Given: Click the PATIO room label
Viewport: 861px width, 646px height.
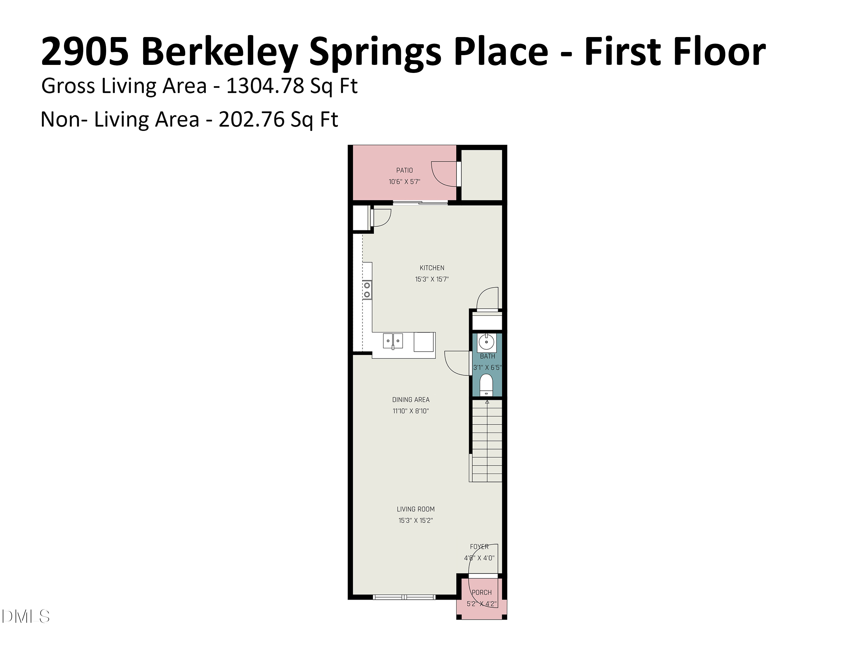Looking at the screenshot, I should click(x=404, y=170).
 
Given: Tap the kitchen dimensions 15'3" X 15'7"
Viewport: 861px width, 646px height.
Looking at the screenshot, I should click(x=432, y=279).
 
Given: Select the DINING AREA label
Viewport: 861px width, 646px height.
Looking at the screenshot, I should click(x=411, y=400).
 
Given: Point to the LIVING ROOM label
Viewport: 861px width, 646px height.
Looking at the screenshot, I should click(x=415, y=509).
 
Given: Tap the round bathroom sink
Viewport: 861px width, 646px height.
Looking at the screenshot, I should click(x=486, y=342).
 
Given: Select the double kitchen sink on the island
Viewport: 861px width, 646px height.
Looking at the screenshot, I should click(x=393, y=341).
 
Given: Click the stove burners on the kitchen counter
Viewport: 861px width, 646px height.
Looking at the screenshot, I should click(x=367, y=290).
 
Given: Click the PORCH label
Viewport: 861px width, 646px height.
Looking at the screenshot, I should click(x=482, y=592).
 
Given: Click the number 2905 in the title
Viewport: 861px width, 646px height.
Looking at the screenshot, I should click(x=85, y=52).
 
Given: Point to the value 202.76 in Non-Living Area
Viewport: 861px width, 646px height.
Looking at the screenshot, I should click(x=251, y=119).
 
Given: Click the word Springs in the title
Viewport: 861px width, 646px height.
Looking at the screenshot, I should click(x=375, y=52).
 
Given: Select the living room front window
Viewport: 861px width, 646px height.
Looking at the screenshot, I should click(x=404, y=597).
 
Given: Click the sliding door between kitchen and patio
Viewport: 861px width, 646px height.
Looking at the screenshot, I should click(x=420, y=202).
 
